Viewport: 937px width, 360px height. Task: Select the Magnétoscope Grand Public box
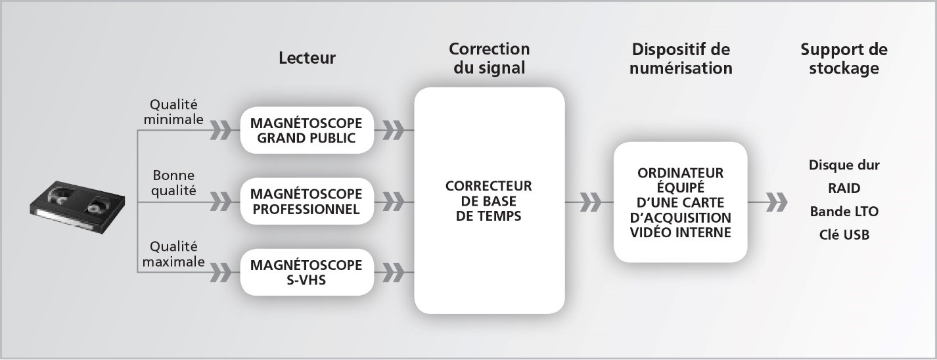(x=307, y=131)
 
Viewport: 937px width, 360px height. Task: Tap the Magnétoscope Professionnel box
(x=307, y=201)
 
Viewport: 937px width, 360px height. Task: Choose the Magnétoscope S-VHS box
(x=307, y=272)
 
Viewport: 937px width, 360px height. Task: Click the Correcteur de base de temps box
(x=490, y=200)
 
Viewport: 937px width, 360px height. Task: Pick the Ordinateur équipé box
(x=681, y=202)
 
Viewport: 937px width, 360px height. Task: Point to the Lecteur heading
(x=307, y=58)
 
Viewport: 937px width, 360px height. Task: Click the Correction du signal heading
(x=490, y=58)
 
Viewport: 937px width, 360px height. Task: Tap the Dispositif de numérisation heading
(x=681, y=58)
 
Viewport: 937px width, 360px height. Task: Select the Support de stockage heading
(x=844, y=58)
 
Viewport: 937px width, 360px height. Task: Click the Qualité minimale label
(x=173, y=112)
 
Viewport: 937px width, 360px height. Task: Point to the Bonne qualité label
(x=173, y=183)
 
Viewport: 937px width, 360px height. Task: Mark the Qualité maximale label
(x=173, y=254)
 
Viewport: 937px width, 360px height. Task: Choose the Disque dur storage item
(x=844, y=165)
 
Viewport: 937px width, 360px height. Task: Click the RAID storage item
(x=844, y=188)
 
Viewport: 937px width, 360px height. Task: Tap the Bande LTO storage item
(x=844, y=212)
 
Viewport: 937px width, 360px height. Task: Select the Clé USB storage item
(x=844, y=235)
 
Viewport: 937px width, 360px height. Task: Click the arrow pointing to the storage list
(x=767, y=202)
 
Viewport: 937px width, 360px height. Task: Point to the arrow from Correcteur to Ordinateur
(x=589, y=202)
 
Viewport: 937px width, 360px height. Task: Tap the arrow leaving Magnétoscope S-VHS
(x=394, y=272)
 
